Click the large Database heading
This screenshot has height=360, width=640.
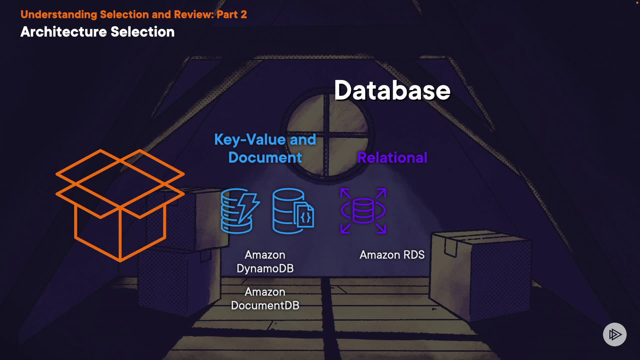pyautogui.click(x=392, y=91)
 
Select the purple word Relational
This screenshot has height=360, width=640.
pyautogui.click(x=392, y=158)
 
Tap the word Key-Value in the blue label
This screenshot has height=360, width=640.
pyautogui.click(x=250, y=140)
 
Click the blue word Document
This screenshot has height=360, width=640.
pyautogui.click(x=265, y=158)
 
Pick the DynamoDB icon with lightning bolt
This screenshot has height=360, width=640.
pyautogui.click(x=240, y=211)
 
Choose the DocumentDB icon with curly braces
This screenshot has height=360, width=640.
pyautogui.click(x=293, y=211)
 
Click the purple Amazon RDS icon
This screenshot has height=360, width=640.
pyautogui.click(x=363, y=211)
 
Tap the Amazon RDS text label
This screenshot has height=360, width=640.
pyautogui.click(x=392, y=255)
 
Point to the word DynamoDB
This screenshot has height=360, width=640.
pyautogui.click(x=265, y=269)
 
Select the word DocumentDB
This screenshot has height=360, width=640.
pyautogui.click(x=265, y=306)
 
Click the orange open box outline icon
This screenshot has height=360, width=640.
pyautogui.click(x=120, y=205)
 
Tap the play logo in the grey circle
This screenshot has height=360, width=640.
pyautogui.click(x=615, y=334)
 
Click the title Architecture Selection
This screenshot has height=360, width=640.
pyautogui.click(x=97, y=32)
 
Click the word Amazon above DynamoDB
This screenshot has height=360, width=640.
pyautogui.click(x=265, y=255)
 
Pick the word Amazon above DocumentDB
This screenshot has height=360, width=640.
pyautogui.click(x=265, y=292)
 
